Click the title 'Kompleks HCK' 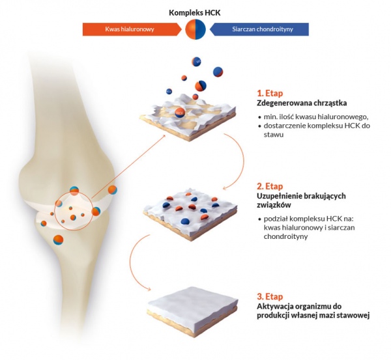195,13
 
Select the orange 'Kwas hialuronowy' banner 132,29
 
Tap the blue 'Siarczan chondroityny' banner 259,29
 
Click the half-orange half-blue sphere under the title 195,29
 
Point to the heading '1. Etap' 270,93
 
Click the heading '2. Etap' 270,186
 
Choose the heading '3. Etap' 270,297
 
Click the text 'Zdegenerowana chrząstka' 302,103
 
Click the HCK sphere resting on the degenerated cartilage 180,113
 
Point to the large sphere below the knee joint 58,240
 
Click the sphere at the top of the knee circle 74,191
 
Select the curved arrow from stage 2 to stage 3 134,262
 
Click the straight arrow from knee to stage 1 128,167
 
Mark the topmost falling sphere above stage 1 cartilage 197,62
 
